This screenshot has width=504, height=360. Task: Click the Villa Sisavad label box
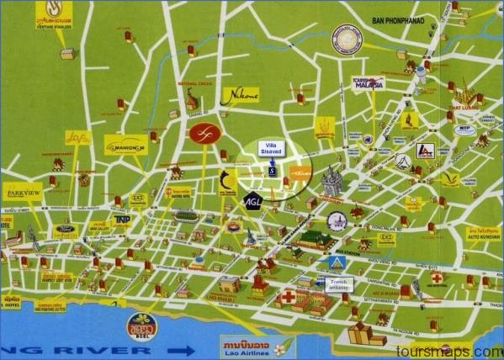click(x=271, y=149)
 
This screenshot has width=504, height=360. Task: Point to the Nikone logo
click(x=239, y=96)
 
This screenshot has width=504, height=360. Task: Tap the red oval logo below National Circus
click(x=202, y=133)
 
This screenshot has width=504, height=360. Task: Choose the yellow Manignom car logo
click(x=126, y=145)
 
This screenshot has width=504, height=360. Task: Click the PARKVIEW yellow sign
click(x=24, y=192)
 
